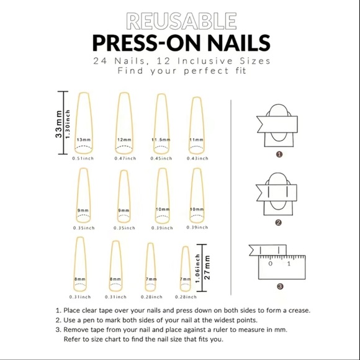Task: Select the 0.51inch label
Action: click(83, 158)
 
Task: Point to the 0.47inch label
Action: click(124, 158)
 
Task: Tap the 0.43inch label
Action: click(196, 158)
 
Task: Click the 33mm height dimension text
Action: click(59, 124)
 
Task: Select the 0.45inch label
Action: click(160, 158)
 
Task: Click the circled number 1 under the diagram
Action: click(279, 154)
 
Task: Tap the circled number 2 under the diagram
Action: click(279, 222)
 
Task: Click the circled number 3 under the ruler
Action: click(279, 286)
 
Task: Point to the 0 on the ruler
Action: click(270, 264)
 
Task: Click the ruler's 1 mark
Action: click(289, 264)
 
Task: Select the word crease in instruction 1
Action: click(295, 310)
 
